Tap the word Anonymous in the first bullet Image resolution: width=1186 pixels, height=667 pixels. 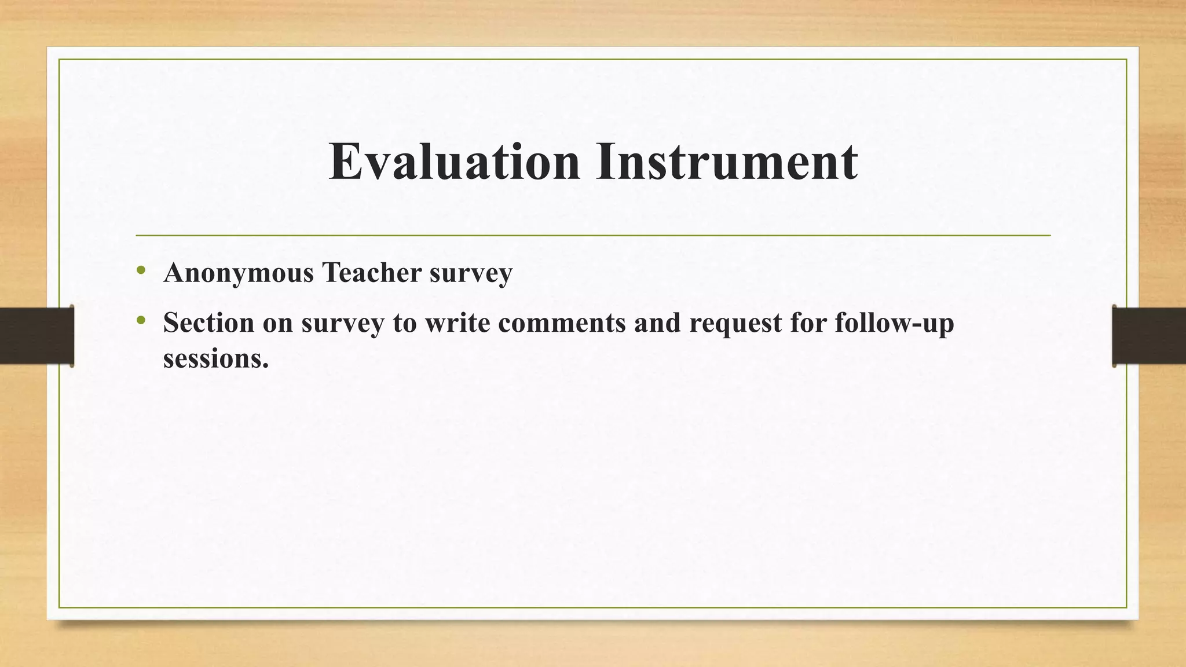239,273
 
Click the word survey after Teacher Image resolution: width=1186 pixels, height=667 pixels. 471,273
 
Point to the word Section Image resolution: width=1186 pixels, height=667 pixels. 208,322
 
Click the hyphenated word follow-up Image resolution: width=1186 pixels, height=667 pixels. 894,323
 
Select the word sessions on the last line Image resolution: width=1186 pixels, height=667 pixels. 216,358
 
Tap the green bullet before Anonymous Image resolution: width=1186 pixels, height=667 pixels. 141,270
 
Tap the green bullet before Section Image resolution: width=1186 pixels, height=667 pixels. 141,320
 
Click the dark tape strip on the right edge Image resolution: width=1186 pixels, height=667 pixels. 1149,336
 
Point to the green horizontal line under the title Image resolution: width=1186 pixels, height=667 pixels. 593,236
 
